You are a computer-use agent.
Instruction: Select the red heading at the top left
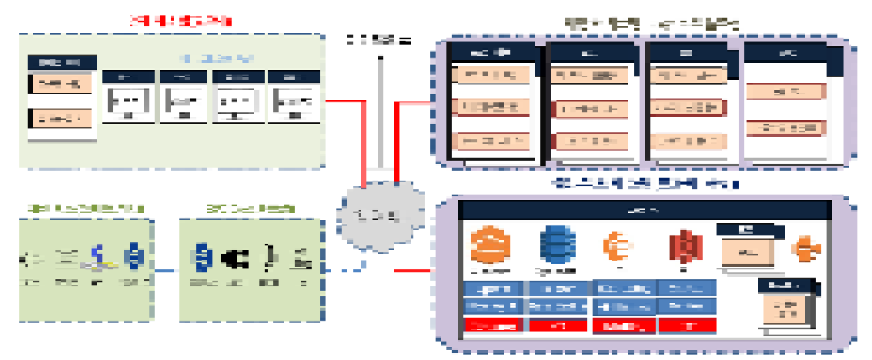click(182, 21)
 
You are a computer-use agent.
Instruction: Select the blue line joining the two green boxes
click(165, 270)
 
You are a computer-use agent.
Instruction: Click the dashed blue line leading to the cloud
click(342, 269)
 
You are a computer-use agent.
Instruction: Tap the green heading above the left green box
click(85, 208)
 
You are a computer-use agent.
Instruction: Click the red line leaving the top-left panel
click(343, 101)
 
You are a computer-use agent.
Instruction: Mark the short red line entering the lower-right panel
click(411, 270)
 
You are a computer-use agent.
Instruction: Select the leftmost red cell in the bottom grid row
click(493, 325)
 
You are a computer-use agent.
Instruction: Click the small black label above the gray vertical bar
click(379, 40)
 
